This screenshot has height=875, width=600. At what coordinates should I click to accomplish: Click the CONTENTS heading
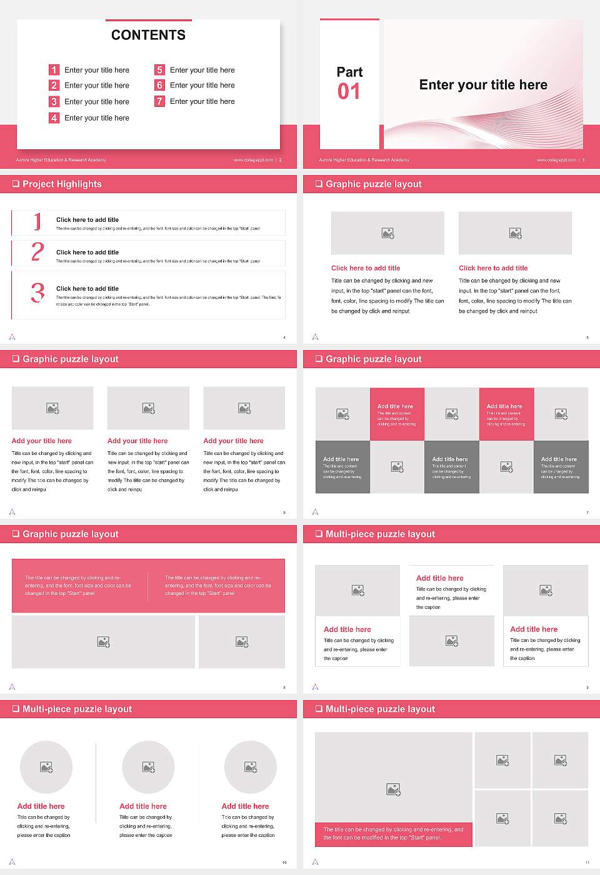pyautogui.click(x=148, y=35)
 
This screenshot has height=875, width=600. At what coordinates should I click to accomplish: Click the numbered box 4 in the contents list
pyautogui.click(x=54, y=117)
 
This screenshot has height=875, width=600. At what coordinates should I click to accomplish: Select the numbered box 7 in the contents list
pyautogui.click(x=159, y=101)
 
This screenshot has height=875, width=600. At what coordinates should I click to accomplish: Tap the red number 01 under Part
pyautogui.click(x=349, y=92)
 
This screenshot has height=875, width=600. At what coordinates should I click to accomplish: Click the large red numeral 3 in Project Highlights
pyautogui.click(x=38, y=292)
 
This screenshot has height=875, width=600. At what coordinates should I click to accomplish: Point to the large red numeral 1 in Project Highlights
pyautogui.click(x=37, y=221)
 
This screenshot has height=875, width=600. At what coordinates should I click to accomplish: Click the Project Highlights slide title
pyautogui.click(x=62, y=184)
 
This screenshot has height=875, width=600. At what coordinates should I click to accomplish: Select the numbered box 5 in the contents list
pyautogui.click(x=159, y=70)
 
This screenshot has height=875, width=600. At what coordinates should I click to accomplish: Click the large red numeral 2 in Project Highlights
pyautogui.click(x=37, y=252)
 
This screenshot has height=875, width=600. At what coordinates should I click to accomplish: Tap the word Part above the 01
pyautogui.click(x=349, y=72)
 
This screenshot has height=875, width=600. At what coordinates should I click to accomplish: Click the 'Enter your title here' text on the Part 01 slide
pyautogui.click(x=483, y=85)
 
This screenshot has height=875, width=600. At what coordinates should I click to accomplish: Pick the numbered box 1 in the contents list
pyautogui.click(x=54, y=70)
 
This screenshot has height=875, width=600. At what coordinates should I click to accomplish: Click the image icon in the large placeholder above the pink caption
pyautogui.click(x=393, y=790)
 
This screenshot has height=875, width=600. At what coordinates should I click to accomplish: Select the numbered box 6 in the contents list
pyautogui.click(x=159, y=85)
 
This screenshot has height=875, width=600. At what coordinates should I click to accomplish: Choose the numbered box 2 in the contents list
pyautogui.click(x=54, y=85)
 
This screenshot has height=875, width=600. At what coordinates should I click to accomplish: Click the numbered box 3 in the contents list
pyautogui.click(x=54, y=101)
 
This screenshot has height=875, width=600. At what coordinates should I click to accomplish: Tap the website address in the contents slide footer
pyautogui.click(x=253, y=160)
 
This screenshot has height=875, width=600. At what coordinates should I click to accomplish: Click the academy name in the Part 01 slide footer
pyautogui.click(x=364, y=160)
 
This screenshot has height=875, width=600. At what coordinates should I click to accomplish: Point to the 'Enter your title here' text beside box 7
pyautogui.click(x=202, y=101)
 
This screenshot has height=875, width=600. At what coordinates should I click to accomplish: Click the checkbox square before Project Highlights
pyautogui.click(x=16, y=184)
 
